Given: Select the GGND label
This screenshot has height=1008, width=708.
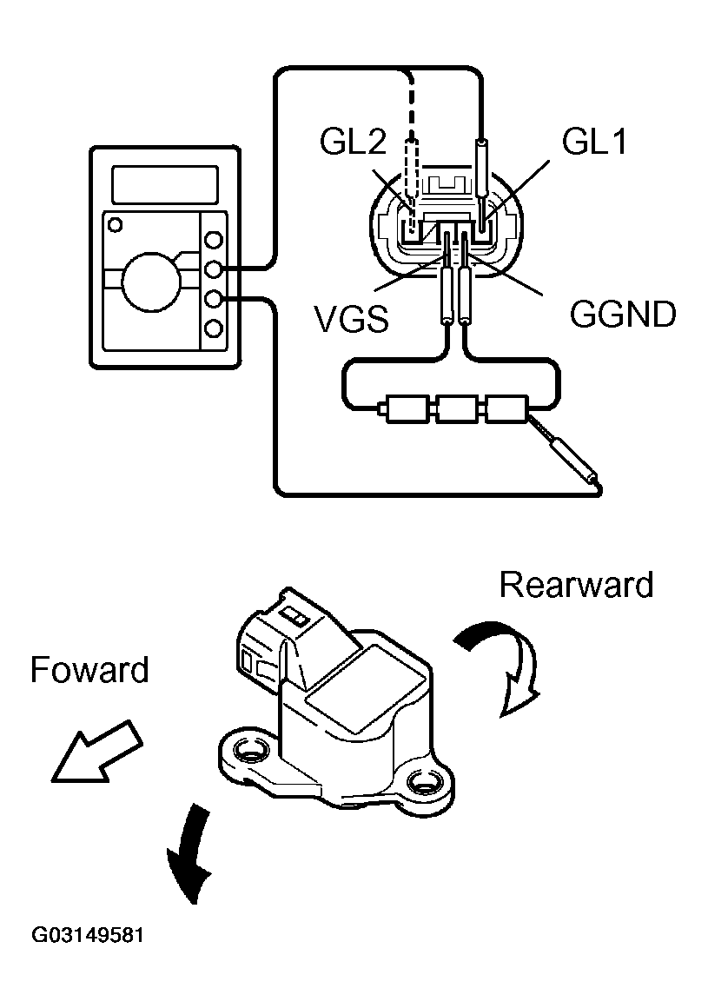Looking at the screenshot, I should [x=623, y=314].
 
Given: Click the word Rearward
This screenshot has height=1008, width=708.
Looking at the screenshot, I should [x=576, y=585].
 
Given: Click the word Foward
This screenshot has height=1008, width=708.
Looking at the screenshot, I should [x=89, y=670].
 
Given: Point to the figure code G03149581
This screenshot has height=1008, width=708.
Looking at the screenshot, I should [x=88, y=936].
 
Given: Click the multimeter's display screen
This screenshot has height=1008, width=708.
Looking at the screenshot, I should [x=165, y=184].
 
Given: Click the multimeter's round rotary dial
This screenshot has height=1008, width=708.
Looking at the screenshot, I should [x=149, y=279].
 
